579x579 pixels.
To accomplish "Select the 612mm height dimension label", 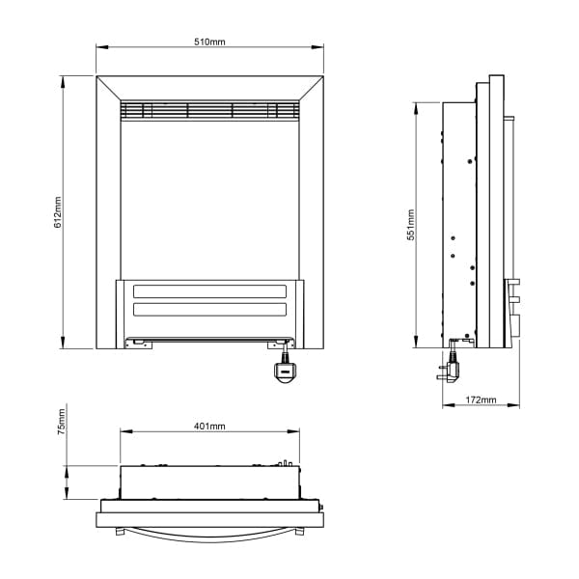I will [x=58, y=213].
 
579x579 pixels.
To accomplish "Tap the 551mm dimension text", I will [x=410, y=224].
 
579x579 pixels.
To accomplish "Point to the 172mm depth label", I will [x=480, y=400].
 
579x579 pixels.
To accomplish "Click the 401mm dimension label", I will [x=209, y=426].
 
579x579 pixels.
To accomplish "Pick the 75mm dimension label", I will [x=60, y=423].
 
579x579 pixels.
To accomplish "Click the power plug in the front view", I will [x=285, y=371].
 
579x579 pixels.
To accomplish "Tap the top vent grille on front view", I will [x=209, y=110].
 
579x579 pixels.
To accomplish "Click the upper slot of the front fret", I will [x=209, y=291].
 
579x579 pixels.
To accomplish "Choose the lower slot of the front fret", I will [x=209, y=310].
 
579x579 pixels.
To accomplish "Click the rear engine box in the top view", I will [x=209, y=480].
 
